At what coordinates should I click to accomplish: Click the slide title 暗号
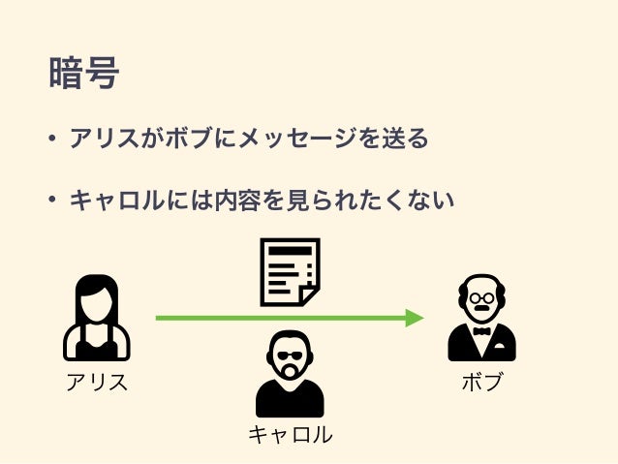[x=83, y=74]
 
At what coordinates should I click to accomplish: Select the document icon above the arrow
[x=289, y=271]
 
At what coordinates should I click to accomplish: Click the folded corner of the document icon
[x=309, y=294]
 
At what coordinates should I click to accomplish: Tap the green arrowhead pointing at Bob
[x=415, y=318]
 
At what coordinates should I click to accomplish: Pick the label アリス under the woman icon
[x=96, y=382]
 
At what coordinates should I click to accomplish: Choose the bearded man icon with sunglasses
[x=289, y=373]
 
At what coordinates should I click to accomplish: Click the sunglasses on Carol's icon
[x=289, y=355]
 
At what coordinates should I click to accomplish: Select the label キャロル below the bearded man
[x=290, y=435]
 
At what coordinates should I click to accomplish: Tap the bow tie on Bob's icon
[x=481, y=331]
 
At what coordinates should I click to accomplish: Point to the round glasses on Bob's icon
[x=481, y=297]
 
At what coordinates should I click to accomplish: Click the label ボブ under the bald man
[x=481, y=382]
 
